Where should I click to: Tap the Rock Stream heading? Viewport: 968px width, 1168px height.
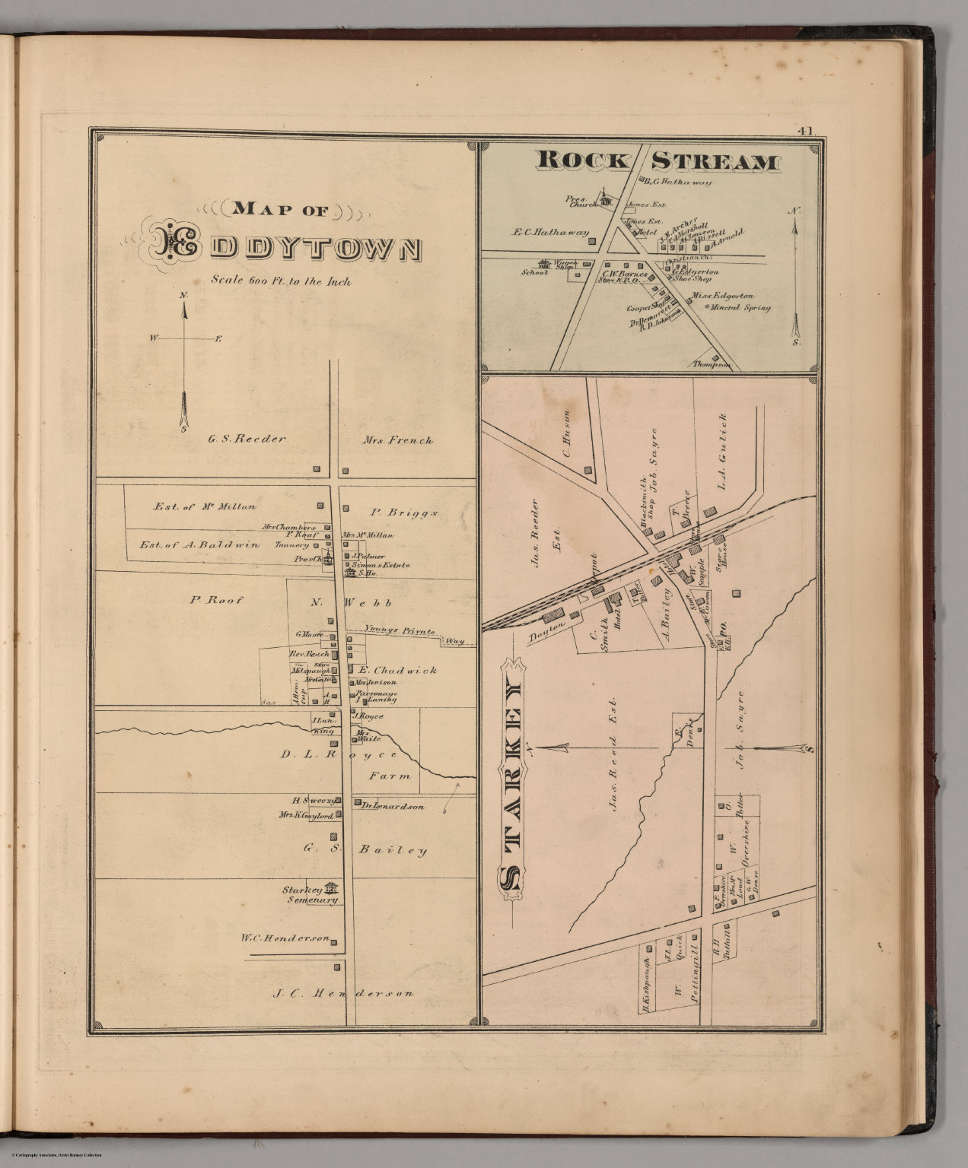click(658, 161)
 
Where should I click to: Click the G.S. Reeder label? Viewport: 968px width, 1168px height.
click(246, 439)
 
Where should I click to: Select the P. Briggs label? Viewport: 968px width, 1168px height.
click(403, 513)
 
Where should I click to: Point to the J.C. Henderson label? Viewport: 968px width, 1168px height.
click(344, 992)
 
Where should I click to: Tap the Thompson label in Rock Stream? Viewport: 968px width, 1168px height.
click(712, 365)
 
